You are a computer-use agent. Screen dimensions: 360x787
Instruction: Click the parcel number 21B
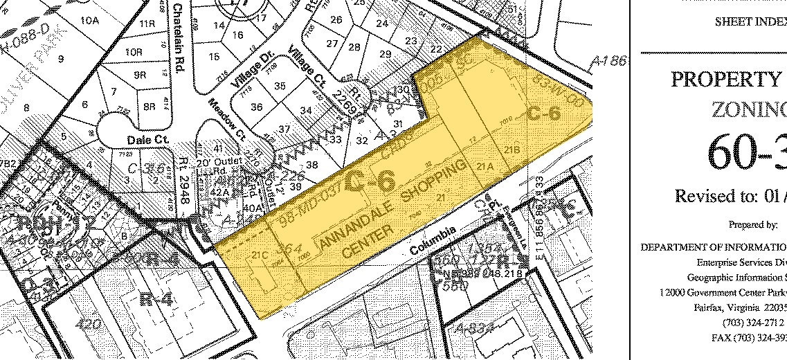click(512, 150)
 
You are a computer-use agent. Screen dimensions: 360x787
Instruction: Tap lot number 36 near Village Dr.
click(256, 107)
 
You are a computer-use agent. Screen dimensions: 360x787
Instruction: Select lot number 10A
click(90, 21)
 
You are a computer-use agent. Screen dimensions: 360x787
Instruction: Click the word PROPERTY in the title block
click(727, 79)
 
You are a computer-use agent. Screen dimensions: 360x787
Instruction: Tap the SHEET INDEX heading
click(750, 21)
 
